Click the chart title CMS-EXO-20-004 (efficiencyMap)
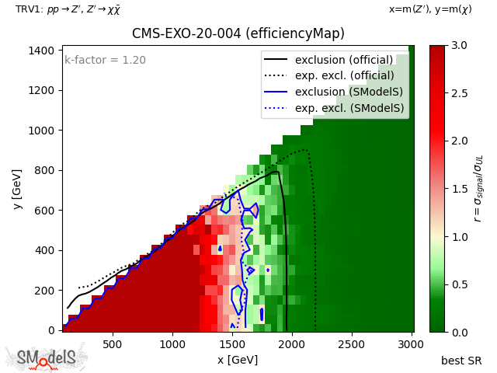click(238, 33)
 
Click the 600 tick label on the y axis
click(47, 211)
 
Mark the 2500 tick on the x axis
click(352, 332)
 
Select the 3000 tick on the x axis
click(412, 332)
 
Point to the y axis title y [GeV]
click(17, 189)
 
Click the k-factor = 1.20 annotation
click(105, 60)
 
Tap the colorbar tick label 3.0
click(458, 45)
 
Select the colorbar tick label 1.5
click(458, 189)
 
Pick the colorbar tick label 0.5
click(458, 284)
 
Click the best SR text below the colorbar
click(461, 361)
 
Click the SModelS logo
click(47, 357)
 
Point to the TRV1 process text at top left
click(68, 9)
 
